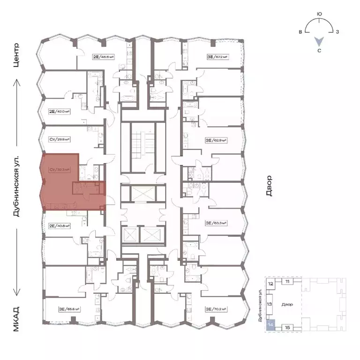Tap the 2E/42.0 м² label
tap(59, 112)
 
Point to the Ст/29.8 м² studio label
tap(59, 139)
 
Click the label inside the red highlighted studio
tap(59, 169)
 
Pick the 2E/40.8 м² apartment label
tap(59, 225)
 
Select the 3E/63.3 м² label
tap(216, 224)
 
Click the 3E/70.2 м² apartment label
tap(216, 309)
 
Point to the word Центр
tap(17, 55)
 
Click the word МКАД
tap(17, 319)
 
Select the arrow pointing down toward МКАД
tap(17, 262)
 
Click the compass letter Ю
tap(319, 15)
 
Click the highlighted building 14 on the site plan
tap(270, 325)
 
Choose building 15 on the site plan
tap(287, 327)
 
